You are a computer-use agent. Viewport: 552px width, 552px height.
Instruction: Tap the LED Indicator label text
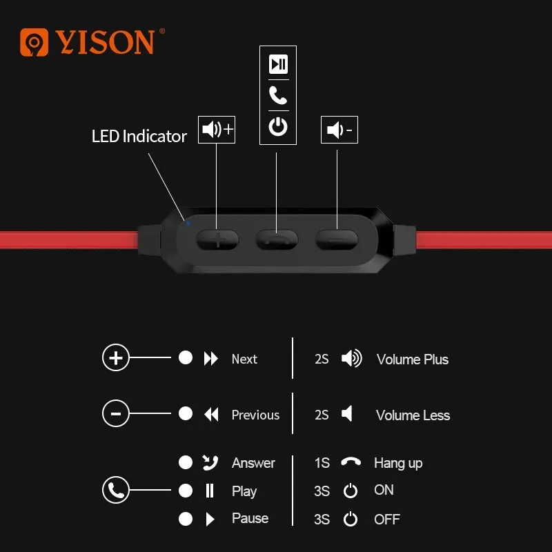139,137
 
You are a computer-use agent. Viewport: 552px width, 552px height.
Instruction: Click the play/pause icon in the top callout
278,65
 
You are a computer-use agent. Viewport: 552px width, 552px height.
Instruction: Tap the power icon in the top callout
278,127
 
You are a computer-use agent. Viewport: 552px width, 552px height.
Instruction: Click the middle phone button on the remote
277,239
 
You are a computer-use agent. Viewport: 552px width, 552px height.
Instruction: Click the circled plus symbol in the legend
116,358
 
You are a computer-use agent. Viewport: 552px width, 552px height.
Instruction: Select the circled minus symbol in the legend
116,414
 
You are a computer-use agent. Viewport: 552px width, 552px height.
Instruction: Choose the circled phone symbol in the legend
116,491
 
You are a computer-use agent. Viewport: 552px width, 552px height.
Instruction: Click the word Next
244,359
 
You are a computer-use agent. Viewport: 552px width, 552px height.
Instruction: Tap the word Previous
255,415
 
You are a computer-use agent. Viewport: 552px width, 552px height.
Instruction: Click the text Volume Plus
413,359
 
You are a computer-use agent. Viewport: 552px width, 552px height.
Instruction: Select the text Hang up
398,463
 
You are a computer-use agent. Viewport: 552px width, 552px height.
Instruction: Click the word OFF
386,519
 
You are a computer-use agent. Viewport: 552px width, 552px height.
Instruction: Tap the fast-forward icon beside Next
211,359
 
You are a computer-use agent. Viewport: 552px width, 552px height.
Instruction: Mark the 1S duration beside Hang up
322,463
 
